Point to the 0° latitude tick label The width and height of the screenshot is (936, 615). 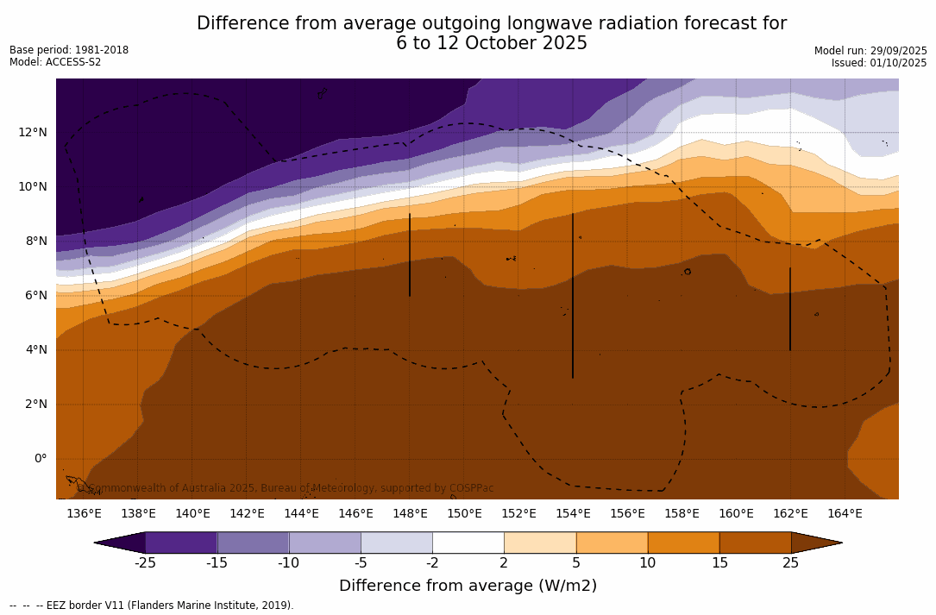point(40,458)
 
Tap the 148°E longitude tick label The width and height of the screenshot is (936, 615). point(410,514)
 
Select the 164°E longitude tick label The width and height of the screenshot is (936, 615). point(845,514)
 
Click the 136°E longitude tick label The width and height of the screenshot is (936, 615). point(84,514)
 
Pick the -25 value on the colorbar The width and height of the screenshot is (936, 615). point(144,563)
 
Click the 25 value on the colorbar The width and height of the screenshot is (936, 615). point(790,563)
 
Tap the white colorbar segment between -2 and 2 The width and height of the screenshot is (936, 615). point(468,543)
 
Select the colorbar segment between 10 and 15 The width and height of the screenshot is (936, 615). point(683,543)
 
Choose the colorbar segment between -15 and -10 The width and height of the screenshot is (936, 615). point(253,543)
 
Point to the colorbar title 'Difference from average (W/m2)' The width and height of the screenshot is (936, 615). point(468,587)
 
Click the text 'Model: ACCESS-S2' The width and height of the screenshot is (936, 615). point(55,62)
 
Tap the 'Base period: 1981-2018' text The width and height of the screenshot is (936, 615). point(69,50)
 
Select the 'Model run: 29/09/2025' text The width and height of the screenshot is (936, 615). point(870,51)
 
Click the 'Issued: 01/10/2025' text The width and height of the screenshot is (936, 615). point(879,63)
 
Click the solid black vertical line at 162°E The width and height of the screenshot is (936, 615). point(790,309)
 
